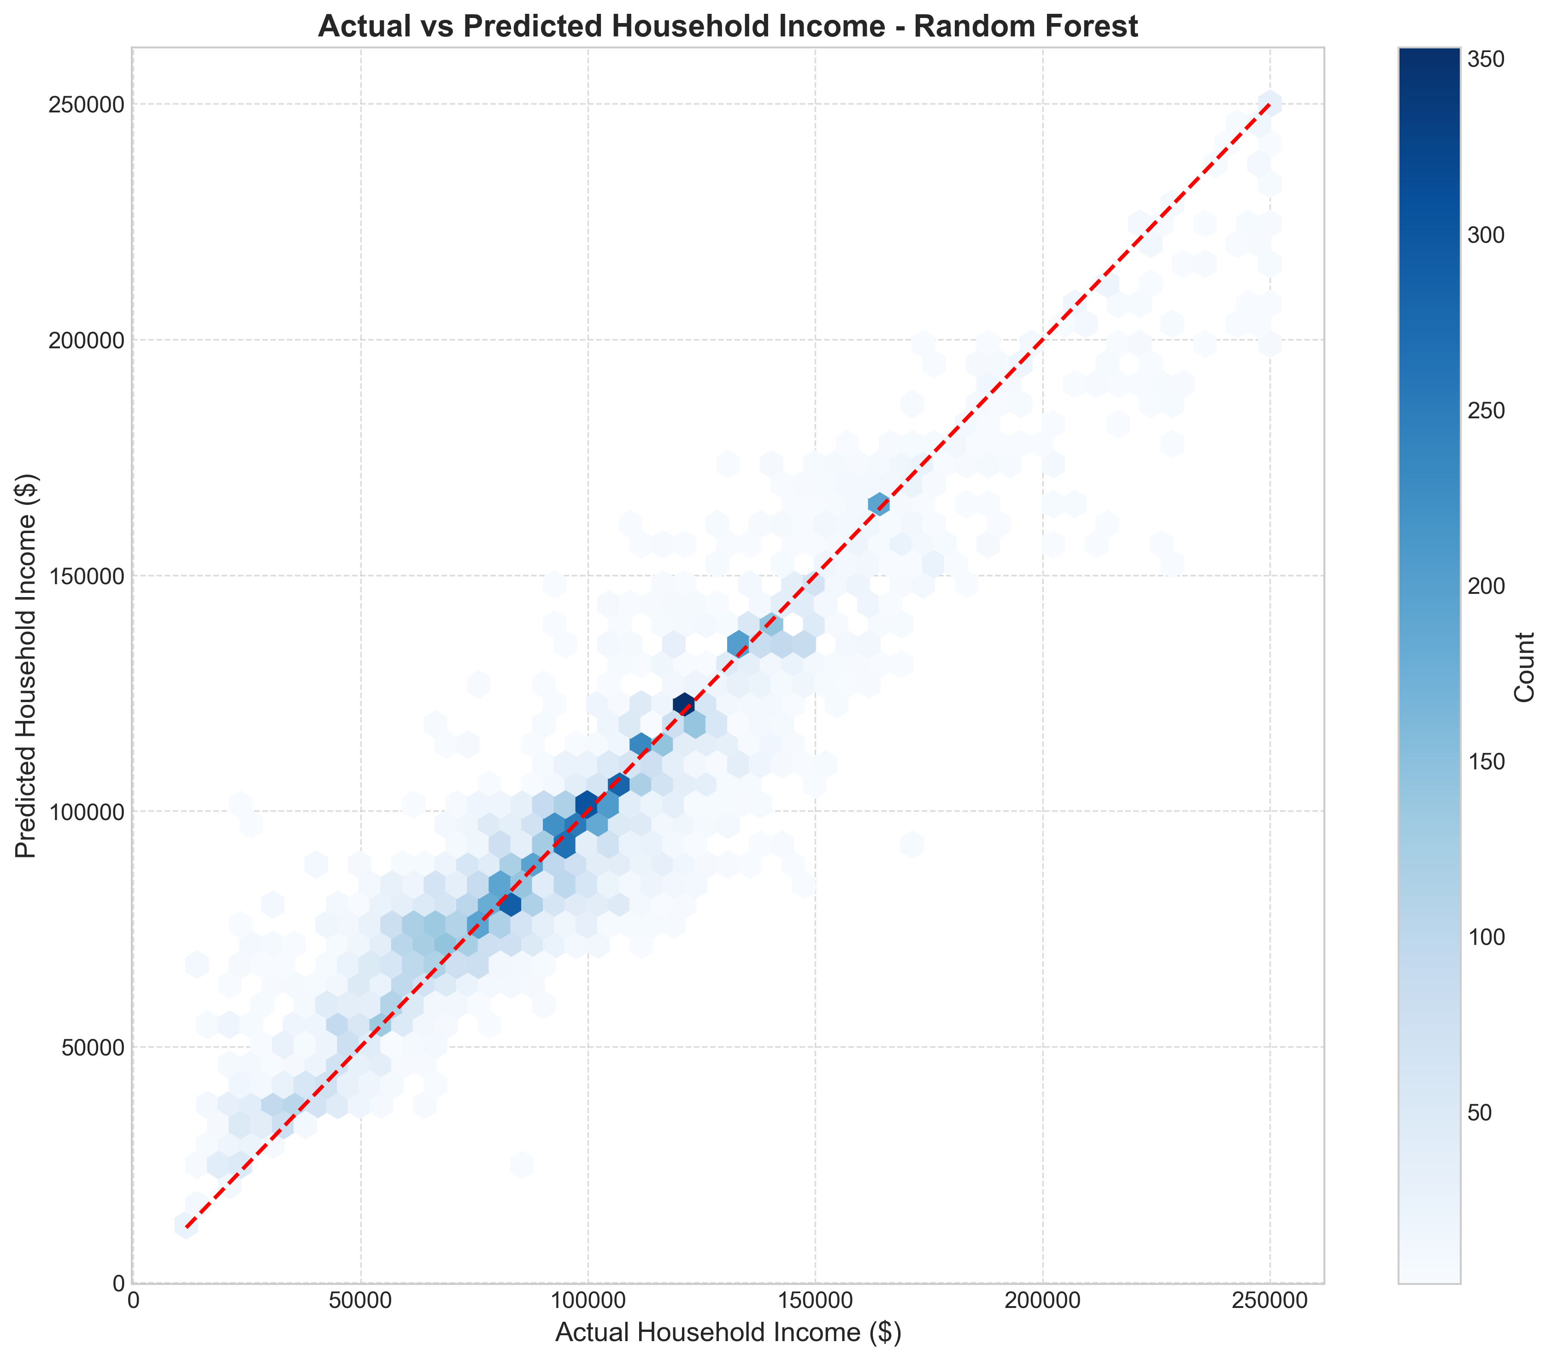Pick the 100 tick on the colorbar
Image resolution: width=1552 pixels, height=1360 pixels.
(x=1488, y=937)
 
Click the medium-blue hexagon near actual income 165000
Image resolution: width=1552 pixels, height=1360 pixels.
(x=879, y=504)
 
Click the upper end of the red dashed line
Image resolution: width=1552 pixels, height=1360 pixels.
(x=1269, y=104)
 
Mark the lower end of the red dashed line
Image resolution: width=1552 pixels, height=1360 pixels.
(x=187, y=1225)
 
